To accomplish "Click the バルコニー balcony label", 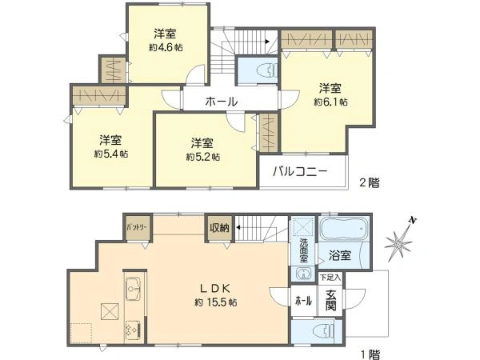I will [300, 171].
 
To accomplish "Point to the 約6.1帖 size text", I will [330, 102].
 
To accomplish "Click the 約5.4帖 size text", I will [110, 154].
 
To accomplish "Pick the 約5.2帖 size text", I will [202, 157].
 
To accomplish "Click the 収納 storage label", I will [219, 228].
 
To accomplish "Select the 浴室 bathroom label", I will [340, 257].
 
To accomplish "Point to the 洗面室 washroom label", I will [304, 249].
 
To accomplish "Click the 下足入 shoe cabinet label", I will [329, 278].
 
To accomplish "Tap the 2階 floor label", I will [368, 182].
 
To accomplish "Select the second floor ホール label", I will [220, 102].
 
